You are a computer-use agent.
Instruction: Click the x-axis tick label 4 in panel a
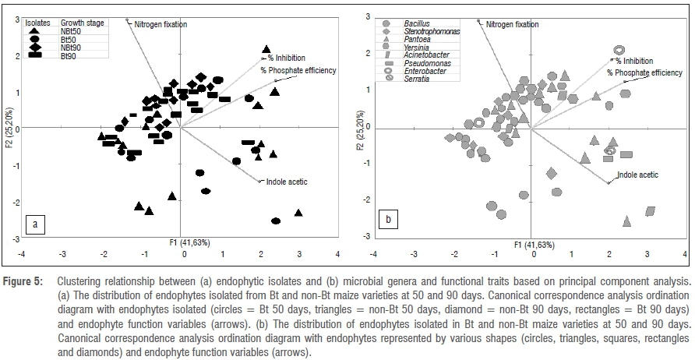(337, 253)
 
